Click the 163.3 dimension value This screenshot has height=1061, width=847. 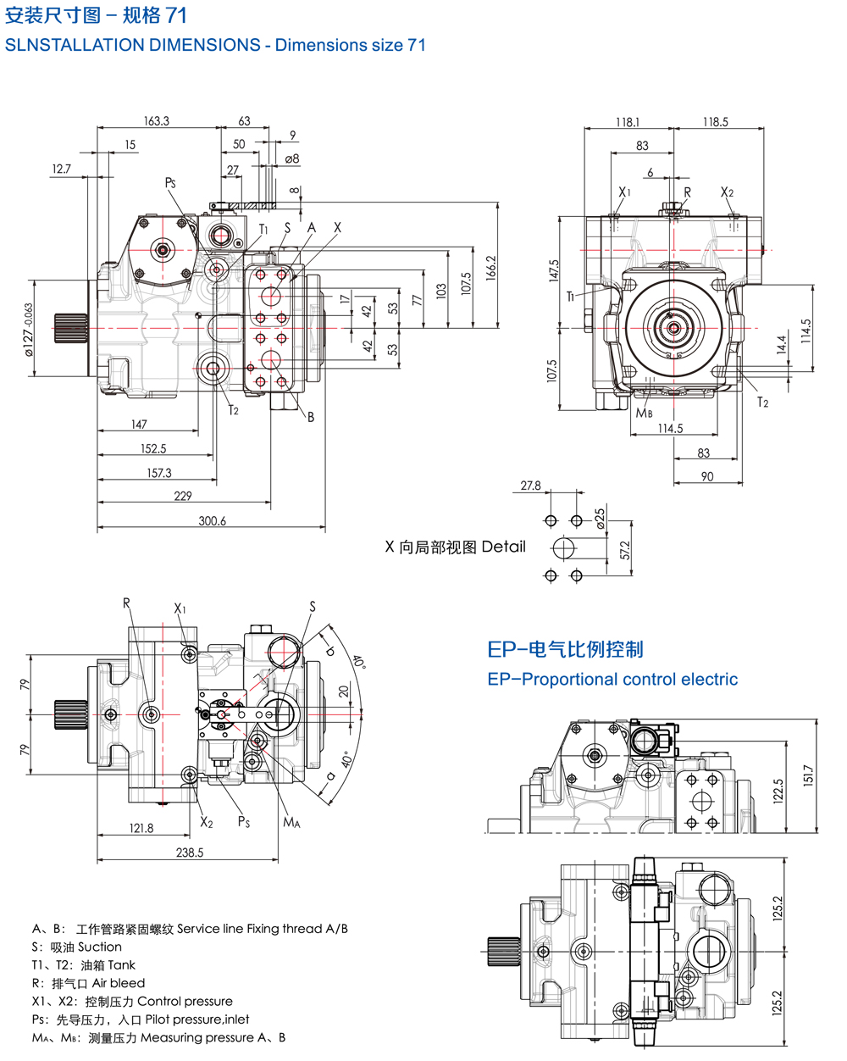click(x=157, y=121)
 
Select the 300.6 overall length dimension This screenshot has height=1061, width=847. click(x=212, y=521)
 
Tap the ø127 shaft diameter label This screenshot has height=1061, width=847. click(x=27, y=328)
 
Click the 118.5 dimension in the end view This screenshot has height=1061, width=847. click(x=715, y=122)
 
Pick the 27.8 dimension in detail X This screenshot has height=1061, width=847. click(x=531, y=486)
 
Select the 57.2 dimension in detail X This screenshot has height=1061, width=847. click(x=625, y=551)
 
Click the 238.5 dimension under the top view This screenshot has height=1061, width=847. click(x=190, y=853)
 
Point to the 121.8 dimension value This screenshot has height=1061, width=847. click(x=141, y=828)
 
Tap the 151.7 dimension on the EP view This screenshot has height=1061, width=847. click(x=808, y=775)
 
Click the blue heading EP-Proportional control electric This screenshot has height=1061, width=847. click(x=612, y=680)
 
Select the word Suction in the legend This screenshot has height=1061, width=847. click(x=100, y=947)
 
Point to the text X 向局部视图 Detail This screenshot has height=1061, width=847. click(x=456, y=547)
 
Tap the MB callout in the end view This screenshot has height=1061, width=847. click(x=645, y=414)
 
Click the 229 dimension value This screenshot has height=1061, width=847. click(x=183, y=496)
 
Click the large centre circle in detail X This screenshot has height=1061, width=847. click(x=564, y=548)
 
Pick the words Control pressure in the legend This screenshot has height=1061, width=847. click(x=185, y=1001)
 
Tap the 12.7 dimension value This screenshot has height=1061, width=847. click(x=61, y=169)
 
